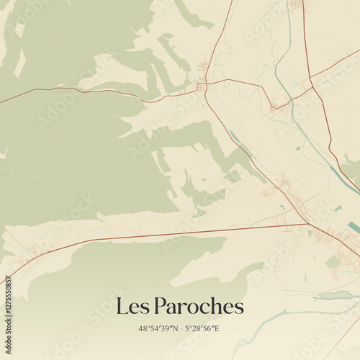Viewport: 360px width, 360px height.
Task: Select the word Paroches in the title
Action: point(198,307)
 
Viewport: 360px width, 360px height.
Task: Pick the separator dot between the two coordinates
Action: point(181,329)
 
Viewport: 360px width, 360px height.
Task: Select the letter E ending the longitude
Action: point(217,329)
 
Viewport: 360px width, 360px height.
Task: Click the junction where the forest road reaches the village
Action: point(202,86)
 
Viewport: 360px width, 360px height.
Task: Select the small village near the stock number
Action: point(32,252)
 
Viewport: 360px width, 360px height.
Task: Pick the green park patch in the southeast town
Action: point(332,263)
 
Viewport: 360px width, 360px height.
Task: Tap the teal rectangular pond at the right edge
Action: point(353,227)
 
